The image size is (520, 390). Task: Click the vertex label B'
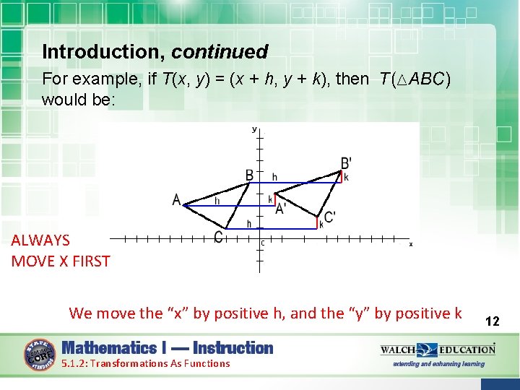coord(347,163)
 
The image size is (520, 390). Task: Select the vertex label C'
coord(329,217)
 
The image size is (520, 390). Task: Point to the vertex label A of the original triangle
coord(176,199)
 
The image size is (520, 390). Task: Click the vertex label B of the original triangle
coord(249,175)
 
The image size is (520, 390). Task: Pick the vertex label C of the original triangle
coord(218,236)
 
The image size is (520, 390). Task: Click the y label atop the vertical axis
coord(254,129)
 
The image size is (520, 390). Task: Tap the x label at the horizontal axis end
coord(411,244)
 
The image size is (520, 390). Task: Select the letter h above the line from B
coord(274,177)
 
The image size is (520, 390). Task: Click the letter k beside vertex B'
coord(346,177)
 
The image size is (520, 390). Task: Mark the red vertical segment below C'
coord(318,222)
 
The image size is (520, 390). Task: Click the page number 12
coord(493,321)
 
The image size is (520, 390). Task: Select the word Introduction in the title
coord(104,52)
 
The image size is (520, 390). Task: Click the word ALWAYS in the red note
coord(40,240)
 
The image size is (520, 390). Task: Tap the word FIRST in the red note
coord(90,261)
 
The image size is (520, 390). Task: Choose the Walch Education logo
coord(438,350)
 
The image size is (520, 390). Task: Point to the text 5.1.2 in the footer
coord(74,363)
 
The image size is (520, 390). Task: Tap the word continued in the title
coord(220,52)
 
